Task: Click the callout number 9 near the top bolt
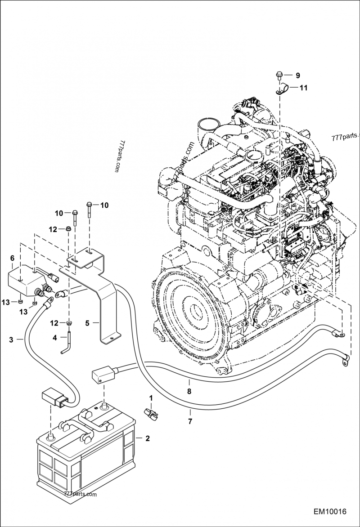coord(297,76)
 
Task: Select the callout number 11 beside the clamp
coord(303,88)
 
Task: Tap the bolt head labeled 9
coord(279,75)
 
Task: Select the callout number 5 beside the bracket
coord(87,323)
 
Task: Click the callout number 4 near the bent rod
coord(55,337)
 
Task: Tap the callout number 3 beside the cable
coord(11,340)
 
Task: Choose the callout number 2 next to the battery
coord(147,438)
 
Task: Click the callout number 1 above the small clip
coord(151,398)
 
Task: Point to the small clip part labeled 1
coord(151,413)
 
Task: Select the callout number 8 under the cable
coord(189,391)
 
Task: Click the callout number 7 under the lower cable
coord(190,421)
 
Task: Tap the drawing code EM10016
coord(330,512)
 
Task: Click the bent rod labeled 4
coord(67,343)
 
